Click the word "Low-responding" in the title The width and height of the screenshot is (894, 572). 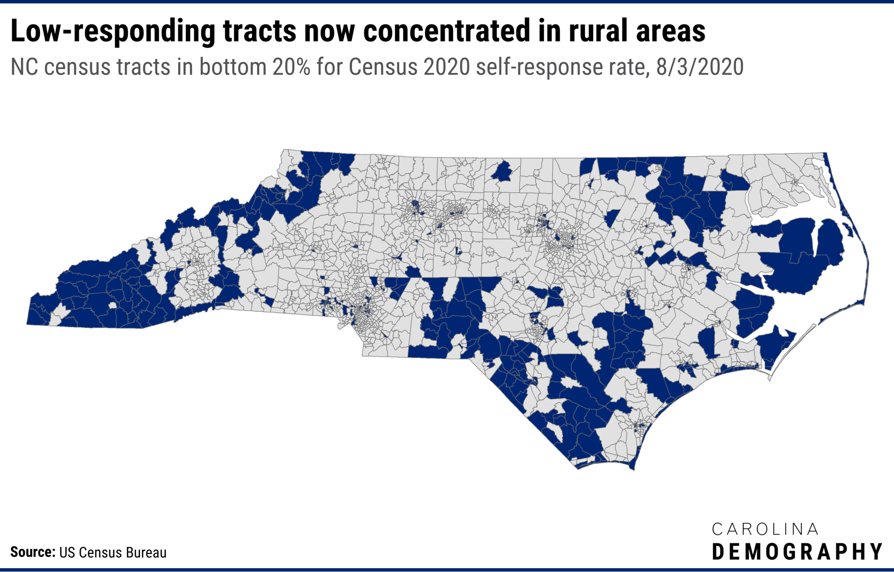coord(113,31)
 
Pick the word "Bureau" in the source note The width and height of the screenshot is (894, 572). coord(146,552)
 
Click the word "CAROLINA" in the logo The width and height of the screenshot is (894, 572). coord(765,529)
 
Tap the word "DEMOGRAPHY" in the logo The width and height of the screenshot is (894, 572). coord(797,552)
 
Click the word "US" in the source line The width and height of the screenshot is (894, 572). coord(66,552)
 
